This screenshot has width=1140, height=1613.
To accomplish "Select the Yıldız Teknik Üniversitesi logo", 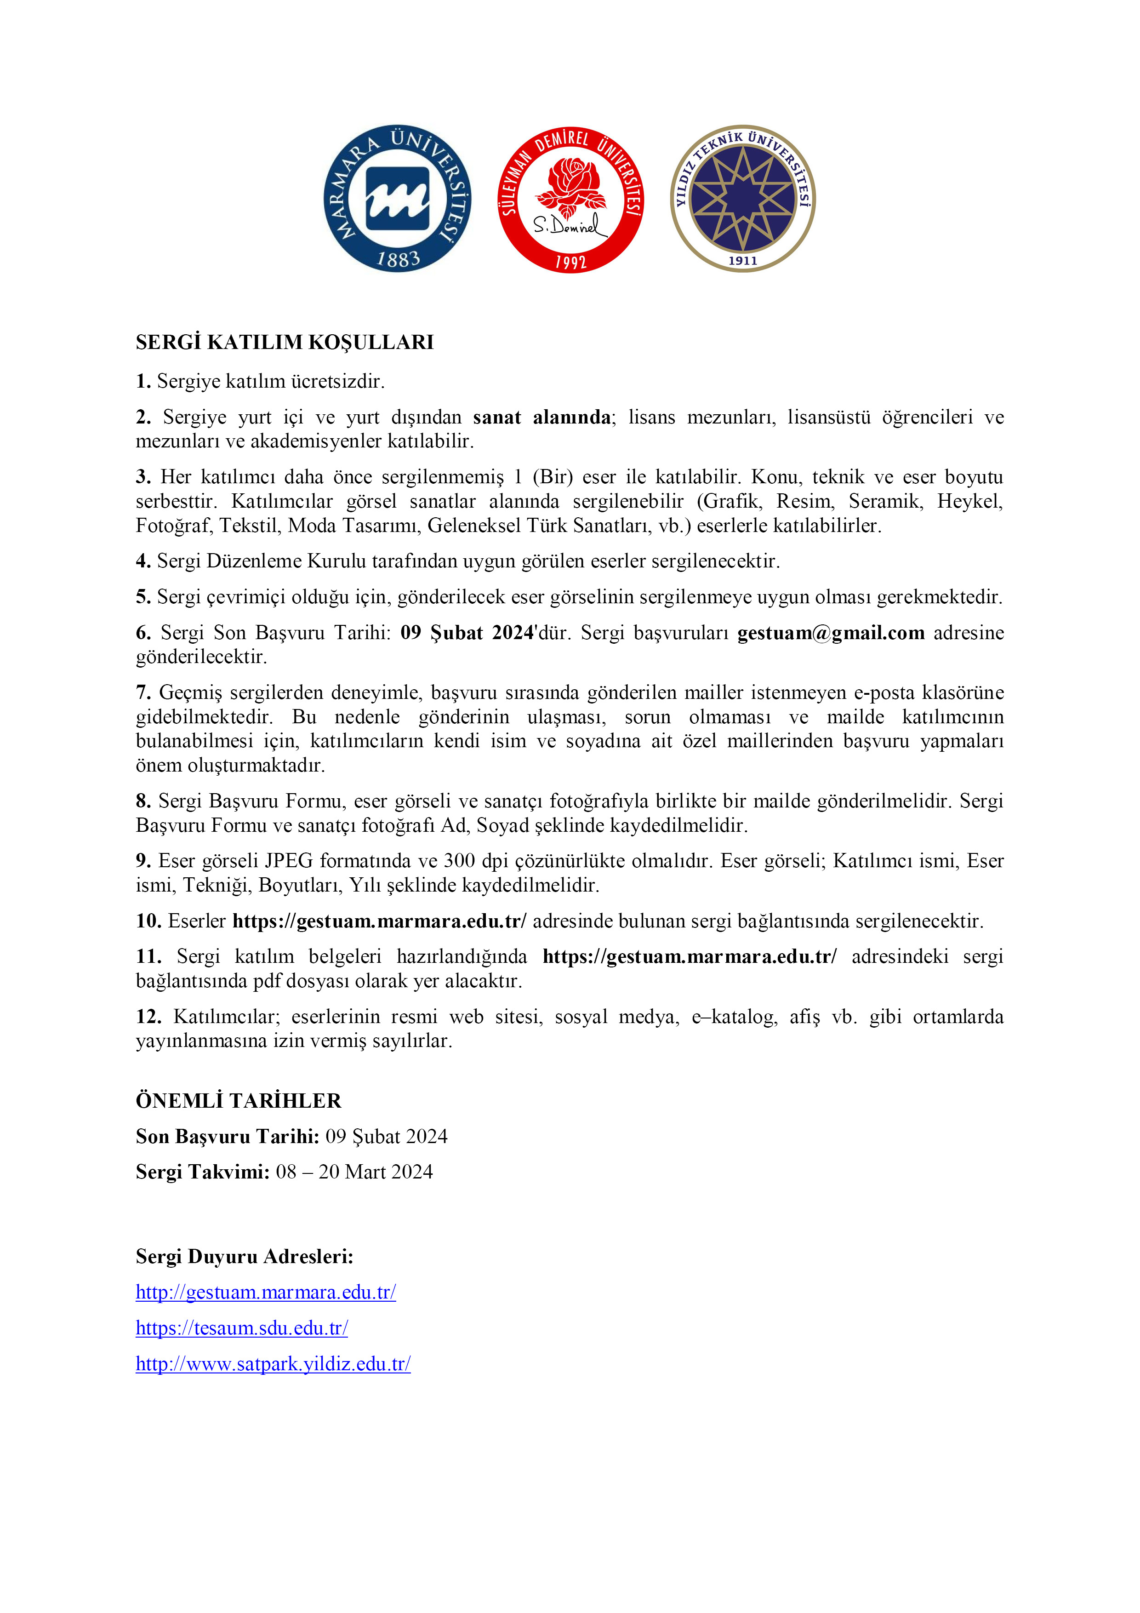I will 742,199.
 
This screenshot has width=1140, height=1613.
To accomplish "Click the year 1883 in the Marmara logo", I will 398,259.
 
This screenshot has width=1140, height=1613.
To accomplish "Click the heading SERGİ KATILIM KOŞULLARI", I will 285,342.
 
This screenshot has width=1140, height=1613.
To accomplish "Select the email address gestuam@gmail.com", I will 830,633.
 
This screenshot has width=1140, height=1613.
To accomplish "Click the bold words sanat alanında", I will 541,418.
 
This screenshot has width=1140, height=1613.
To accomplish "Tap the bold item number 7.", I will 143,692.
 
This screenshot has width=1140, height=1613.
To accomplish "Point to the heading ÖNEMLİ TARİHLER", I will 238,1101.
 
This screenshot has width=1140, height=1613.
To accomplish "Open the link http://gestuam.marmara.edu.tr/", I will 266,1292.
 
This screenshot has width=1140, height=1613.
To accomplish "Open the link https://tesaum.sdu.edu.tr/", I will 242,1328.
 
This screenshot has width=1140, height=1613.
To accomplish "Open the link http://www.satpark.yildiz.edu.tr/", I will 273,1364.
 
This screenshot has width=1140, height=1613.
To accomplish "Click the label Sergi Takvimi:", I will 202,1172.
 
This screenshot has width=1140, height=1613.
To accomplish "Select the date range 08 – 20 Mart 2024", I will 354,1172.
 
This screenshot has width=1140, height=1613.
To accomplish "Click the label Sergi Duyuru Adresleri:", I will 245,1256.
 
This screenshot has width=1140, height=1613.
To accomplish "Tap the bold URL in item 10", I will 379,921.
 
